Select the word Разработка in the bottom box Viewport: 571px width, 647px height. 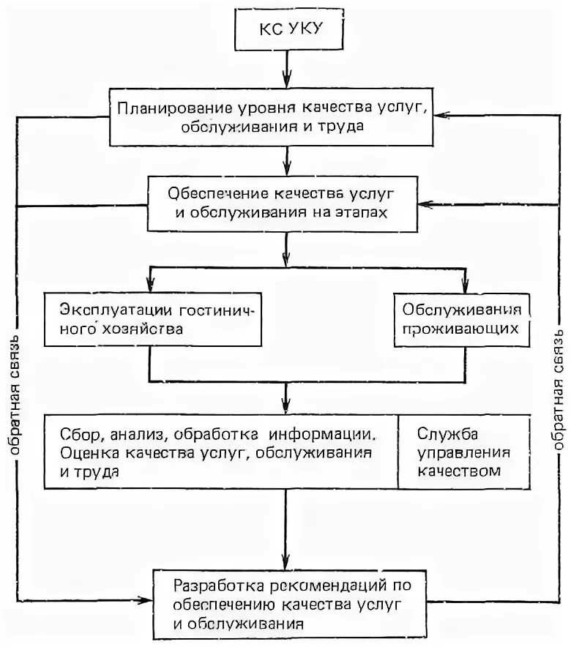point(214,585)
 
